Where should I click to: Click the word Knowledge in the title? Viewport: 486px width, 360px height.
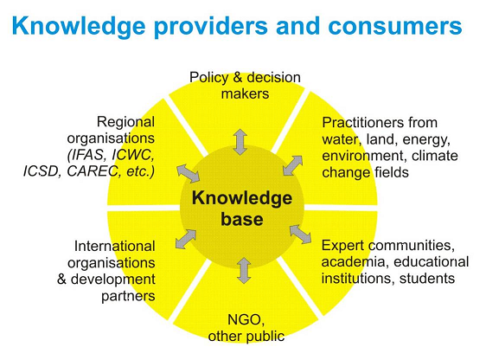tap(79, 27)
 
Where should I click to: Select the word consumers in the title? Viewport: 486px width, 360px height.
tap(395, 26)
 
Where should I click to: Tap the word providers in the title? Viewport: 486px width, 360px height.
tap(211, 27)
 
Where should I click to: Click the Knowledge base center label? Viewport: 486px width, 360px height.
tap(242, 208)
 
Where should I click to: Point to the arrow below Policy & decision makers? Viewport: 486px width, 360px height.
tap(240, 142)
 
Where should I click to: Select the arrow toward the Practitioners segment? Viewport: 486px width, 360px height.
tap(292, 165)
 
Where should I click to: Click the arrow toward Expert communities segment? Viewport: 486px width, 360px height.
tap(300, 235)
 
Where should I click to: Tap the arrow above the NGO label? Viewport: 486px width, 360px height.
tap(244, 270)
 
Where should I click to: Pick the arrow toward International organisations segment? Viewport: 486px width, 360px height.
tap(186, 239)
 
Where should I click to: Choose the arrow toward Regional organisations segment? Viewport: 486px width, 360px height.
tap(189, 173)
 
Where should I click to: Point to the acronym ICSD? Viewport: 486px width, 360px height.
tap(41, 171)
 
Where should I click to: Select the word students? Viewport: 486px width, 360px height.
tap(427, 278)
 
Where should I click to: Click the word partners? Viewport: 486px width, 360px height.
tap(128, 297)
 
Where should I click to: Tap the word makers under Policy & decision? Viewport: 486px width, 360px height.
tap(245, 93)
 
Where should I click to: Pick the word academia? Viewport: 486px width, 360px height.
tap(353, 261)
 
